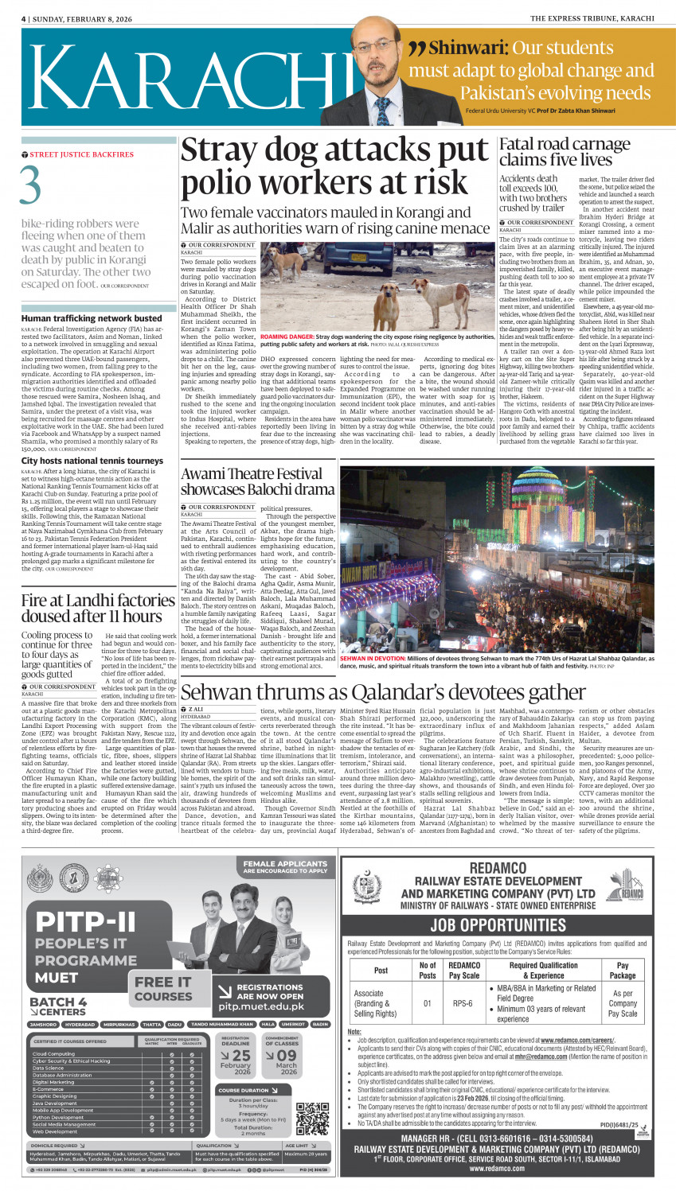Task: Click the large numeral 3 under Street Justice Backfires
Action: [x=31, y=185]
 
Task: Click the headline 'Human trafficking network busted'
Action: [x=92, y=318]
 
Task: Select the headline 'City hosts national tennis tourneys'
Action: [x=92, y=461]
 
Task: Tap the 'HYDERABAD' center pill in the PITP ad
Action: [x=80, y=1025]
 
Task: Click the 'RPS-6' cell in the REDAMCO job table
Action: [x=463, y=1003]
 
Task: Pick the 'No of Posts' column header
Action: [x=428, y=970]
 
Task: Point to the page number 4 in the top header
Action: [x=24, y=18]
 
